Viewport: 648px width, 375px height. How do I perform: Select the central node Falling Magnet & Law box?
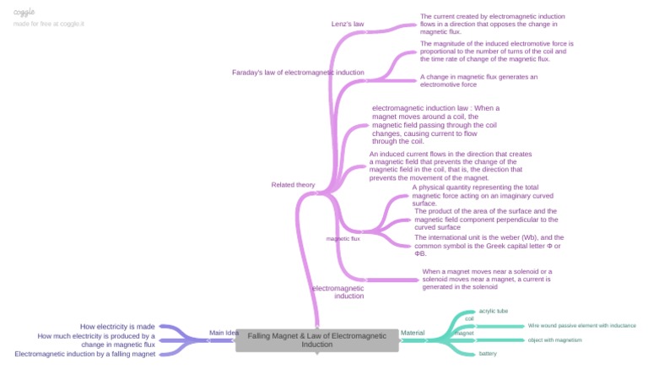[316, 340]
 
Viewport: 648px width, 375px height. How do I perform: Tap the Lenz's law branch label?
[347, 24]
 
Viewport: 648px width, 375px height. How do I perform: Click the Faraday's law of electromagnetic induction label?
[298, 73]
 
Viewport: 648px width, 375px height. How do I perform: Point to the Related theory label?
[293, 185]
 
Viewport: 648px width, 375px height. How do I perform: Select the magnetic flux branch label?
[343, 239]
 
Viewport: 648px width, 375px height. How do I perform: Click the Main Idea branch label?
[224, 333]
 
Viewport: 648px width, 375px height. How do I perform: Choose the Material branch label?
[413, 333]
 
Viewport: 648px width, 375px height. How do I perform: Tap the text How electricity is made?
[117, 326]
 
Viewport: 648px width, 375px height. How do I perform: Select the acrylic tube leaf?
[494, 311]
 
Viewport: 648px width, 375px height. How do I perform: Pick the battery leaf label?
[488, 353]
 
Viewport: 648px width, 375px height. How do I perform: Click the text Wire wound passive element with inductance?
[581, 325]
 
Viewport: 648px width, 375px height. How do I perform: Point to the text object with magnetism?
[555, 340]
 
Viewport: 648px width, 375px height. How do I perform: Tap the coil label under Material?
[469, 318]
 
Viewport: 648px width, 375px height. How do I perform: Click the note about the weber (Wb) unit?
[489, 245]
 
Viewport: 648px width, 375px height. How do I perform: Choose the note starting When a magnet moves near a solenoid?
[487, 279]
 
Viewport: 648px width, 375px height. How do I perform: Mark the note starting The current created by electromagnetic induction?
[492, 24]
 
